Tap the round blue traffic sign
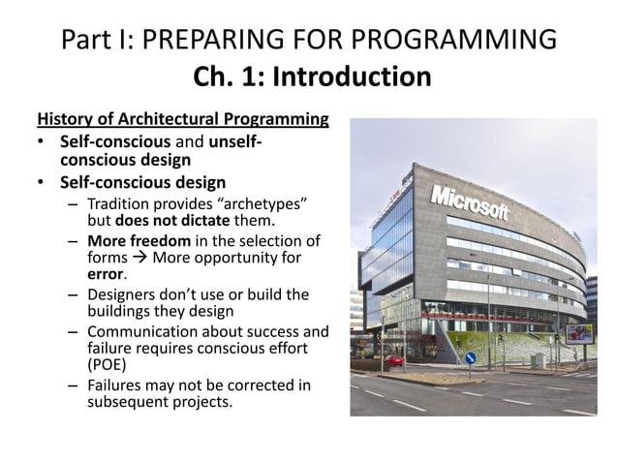[x=472, y=357]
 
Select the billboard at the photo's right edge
[x=580, y=334]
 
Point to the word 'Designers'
[x=122, y=293]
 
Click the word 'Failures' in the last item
[x=115, y=386]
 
